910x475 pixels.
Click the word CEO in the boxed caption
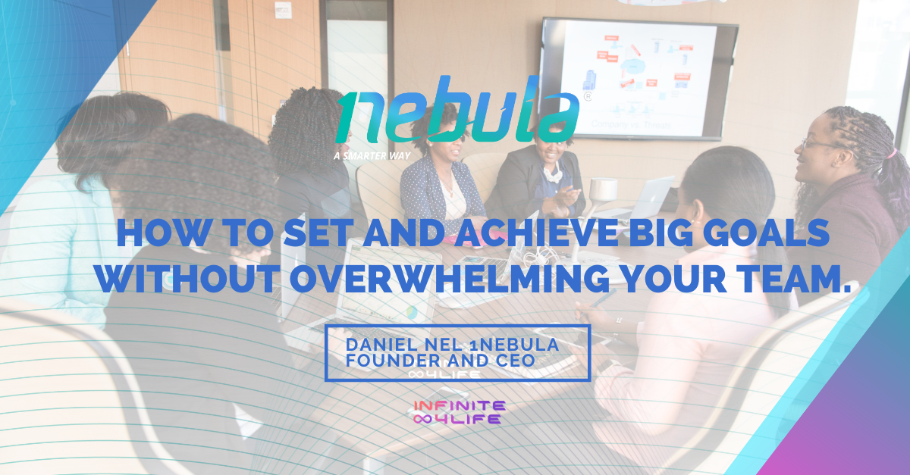pos(519,359)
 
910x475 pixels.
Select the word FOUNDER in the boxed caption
pos(390,359)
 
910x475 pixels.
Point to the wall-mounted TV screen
pos(639,77)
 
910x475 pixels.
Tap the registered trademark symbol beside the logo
pos(586,98)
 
